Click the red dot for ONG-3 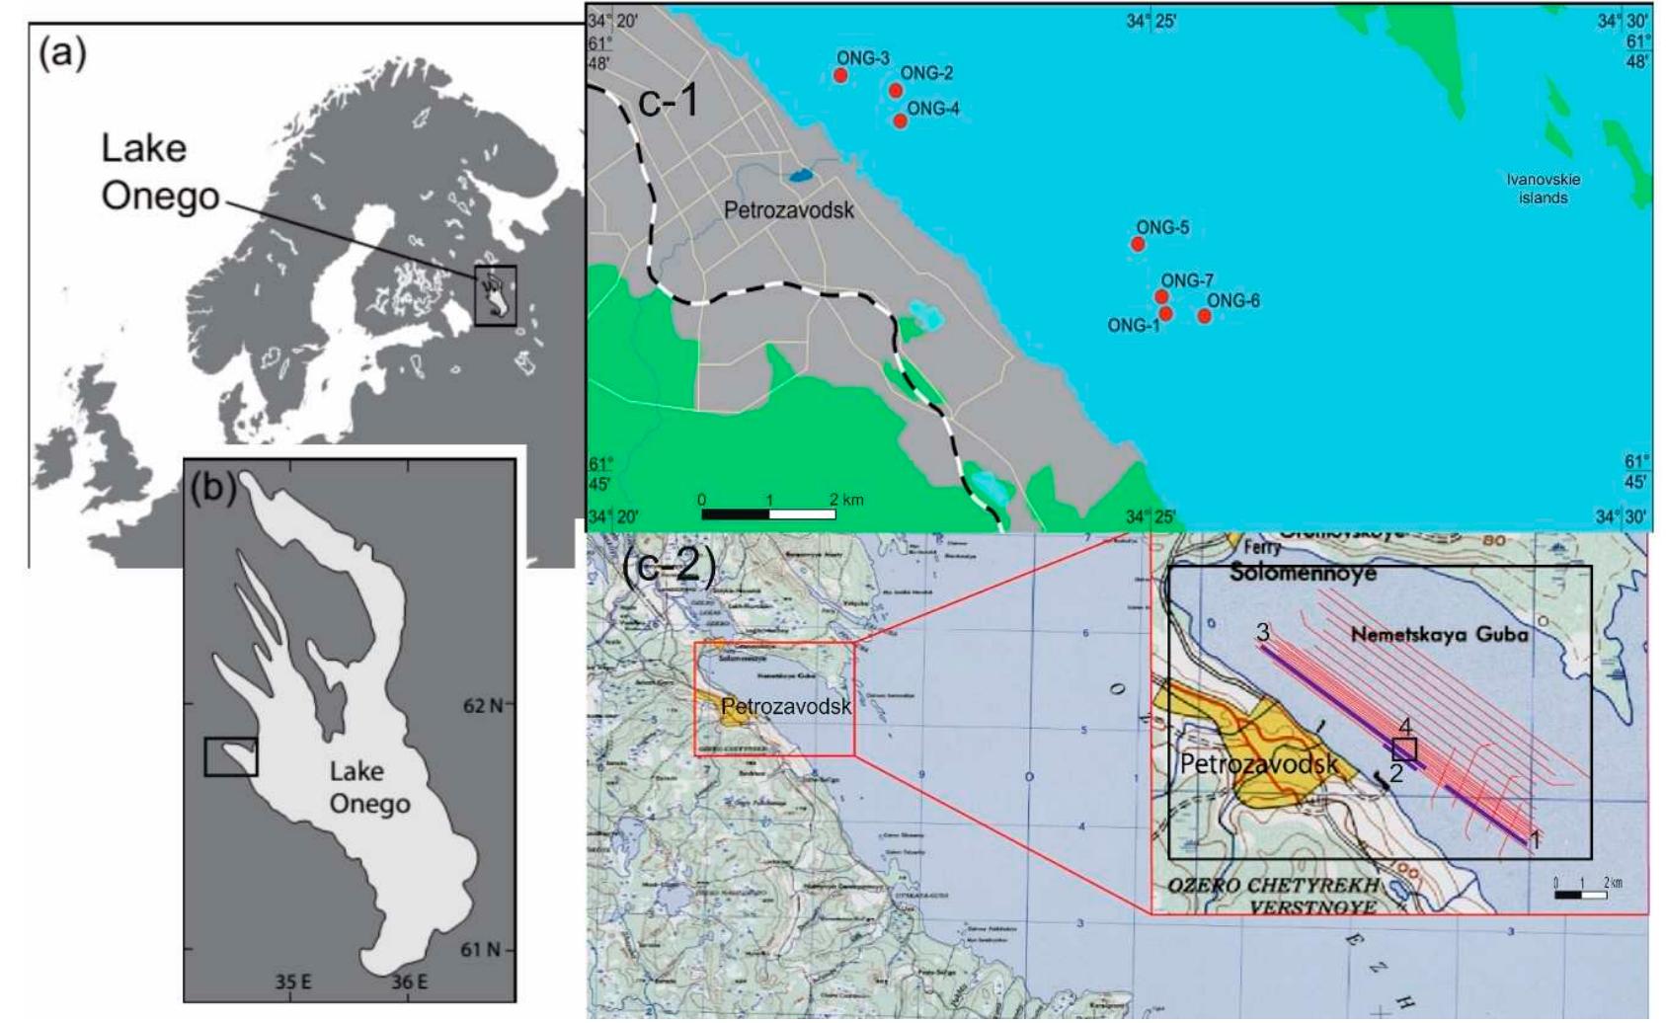[x=840, y=75]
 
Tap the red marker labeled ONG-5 [x=1138, y=244]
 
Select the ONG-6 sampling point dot [x=1204, y=316]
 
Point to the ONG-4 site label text [x=932, y=109]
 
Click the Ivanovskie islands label [x=1543, y=189]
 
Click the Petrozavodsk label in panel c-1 [x=788, y=210]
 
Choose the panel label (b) [x=213, y=487]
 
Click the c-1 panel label [x=669, y=101]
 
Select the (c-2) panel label [x=670, y=565]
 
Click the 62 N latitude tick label [x=482, y=705]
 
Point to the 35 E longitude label [x=293, y=982]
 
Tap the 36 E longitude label [x=409, y=982]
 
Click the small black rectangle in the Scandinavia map [x=495, y=295]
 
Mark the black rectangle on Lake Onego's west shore [x=231, y=756]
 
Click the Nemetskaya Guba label [x=1439, y=635]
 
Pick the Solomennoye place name [x=1303, y=573]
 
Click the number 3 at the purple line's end [x=1263, y=631]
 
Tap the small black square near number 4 [x=1404, y=749]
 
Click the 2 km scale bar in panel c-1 [x=768, y=513]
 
